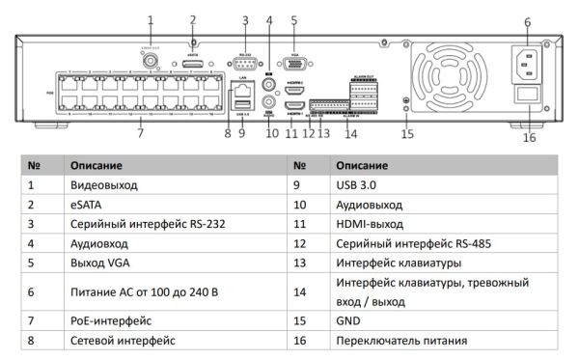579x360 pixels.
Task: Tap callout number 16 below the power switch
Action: click(530, 137)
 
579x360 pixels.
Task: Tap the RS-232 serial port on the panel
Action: click(246, 65)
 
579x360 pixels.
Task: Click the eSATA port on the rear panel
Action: click(193, 64)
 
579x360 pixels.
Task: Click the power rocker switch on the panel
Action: click(527, 97)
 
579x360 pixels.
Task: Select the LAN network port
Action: click(241, 88)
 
